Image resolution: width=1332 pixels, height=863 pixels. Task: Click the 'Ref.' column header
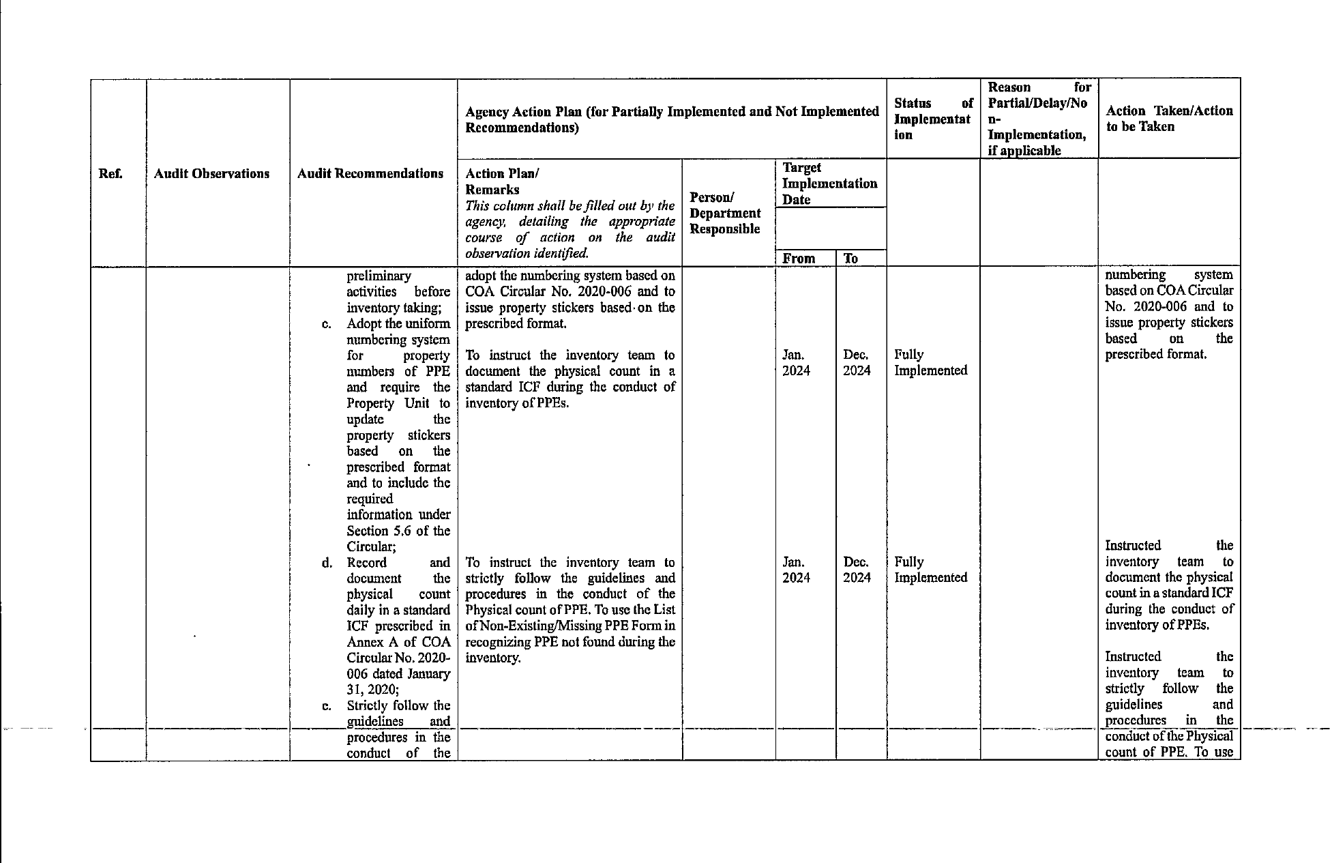[110, 174]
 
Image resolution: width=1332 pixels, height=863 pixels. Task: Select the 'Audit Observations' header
[211, 174]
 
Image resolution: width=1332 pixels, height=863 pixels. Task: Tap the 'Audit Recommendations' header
[370, 174]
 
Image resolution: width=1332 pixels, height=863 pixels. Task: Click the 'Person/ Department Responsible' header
[725, 213]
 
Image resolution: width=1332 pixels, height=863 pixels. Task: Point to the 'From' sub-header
[799, 259]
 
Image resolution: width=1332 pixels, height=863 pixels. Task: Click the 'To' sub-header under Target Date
[850, 259]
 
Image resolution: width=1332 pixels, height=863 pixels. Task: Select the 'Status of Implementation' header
[932, 119]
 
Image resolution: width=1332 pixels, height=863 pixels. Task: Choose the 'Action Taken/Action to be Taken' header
[1169, 119]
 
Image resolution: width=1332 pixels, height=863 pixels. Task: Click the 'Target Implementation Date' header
[829, 184]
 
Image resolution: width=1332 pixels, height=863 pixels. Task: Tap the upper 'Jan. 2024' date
[796, 363]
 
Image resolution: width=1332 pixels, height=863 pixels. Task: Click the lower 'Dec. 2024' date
[857, 570]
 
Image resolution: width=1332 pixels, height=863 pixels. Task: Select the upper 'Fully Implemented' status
[930, 363]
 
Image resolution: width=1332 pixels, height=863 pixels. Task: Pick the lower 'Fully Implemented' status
[930, 570]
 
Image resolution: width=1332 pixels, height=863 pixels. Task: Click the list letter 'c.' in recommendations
[327, 324]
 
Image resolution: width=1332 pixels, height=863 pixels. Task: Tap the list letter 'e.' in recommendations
[327, 706]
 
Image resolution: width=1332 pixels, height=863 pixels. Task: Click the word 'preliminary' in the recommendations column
[379, 276]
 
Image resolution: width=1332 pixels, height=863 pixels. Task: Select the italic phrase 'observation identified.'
[527, 254]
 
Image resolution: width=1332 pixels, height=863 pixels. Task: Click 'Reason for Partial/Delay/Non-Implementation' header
[1039, 119]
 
